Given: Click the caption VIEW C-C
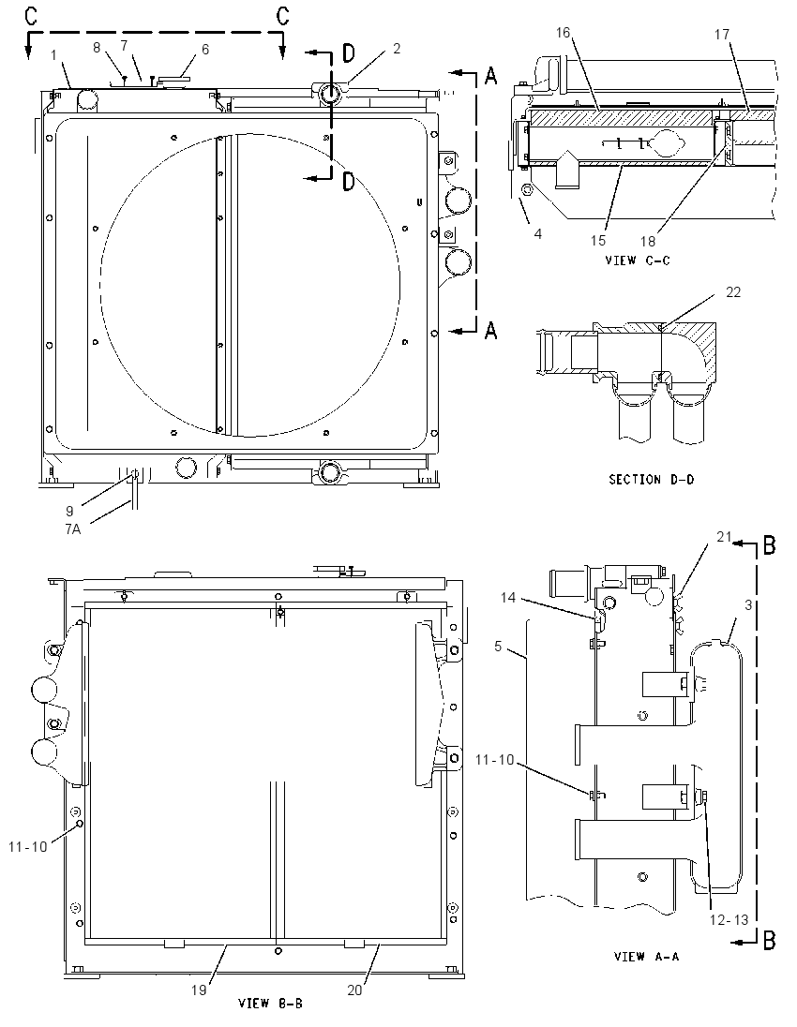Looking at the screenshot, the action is [637, 260].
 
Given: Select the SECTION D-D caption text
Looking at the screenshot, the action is [652, 480].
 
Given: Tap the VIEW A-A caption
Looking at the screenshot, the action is [646, 957].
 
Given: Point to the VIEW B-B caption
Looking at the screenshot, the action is [270, 1003].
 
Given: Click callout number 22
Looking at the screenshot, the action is [732, 291].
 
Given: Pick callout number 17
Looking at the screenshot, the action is [722, 34].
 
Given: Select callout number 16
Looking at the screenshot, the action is [563, 33].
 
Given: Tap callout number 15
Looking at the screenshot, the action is [598, 241].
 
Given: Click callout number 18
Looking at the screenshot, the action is [648, 241].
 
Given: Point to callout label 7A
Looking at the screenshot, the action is [73, 528].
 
